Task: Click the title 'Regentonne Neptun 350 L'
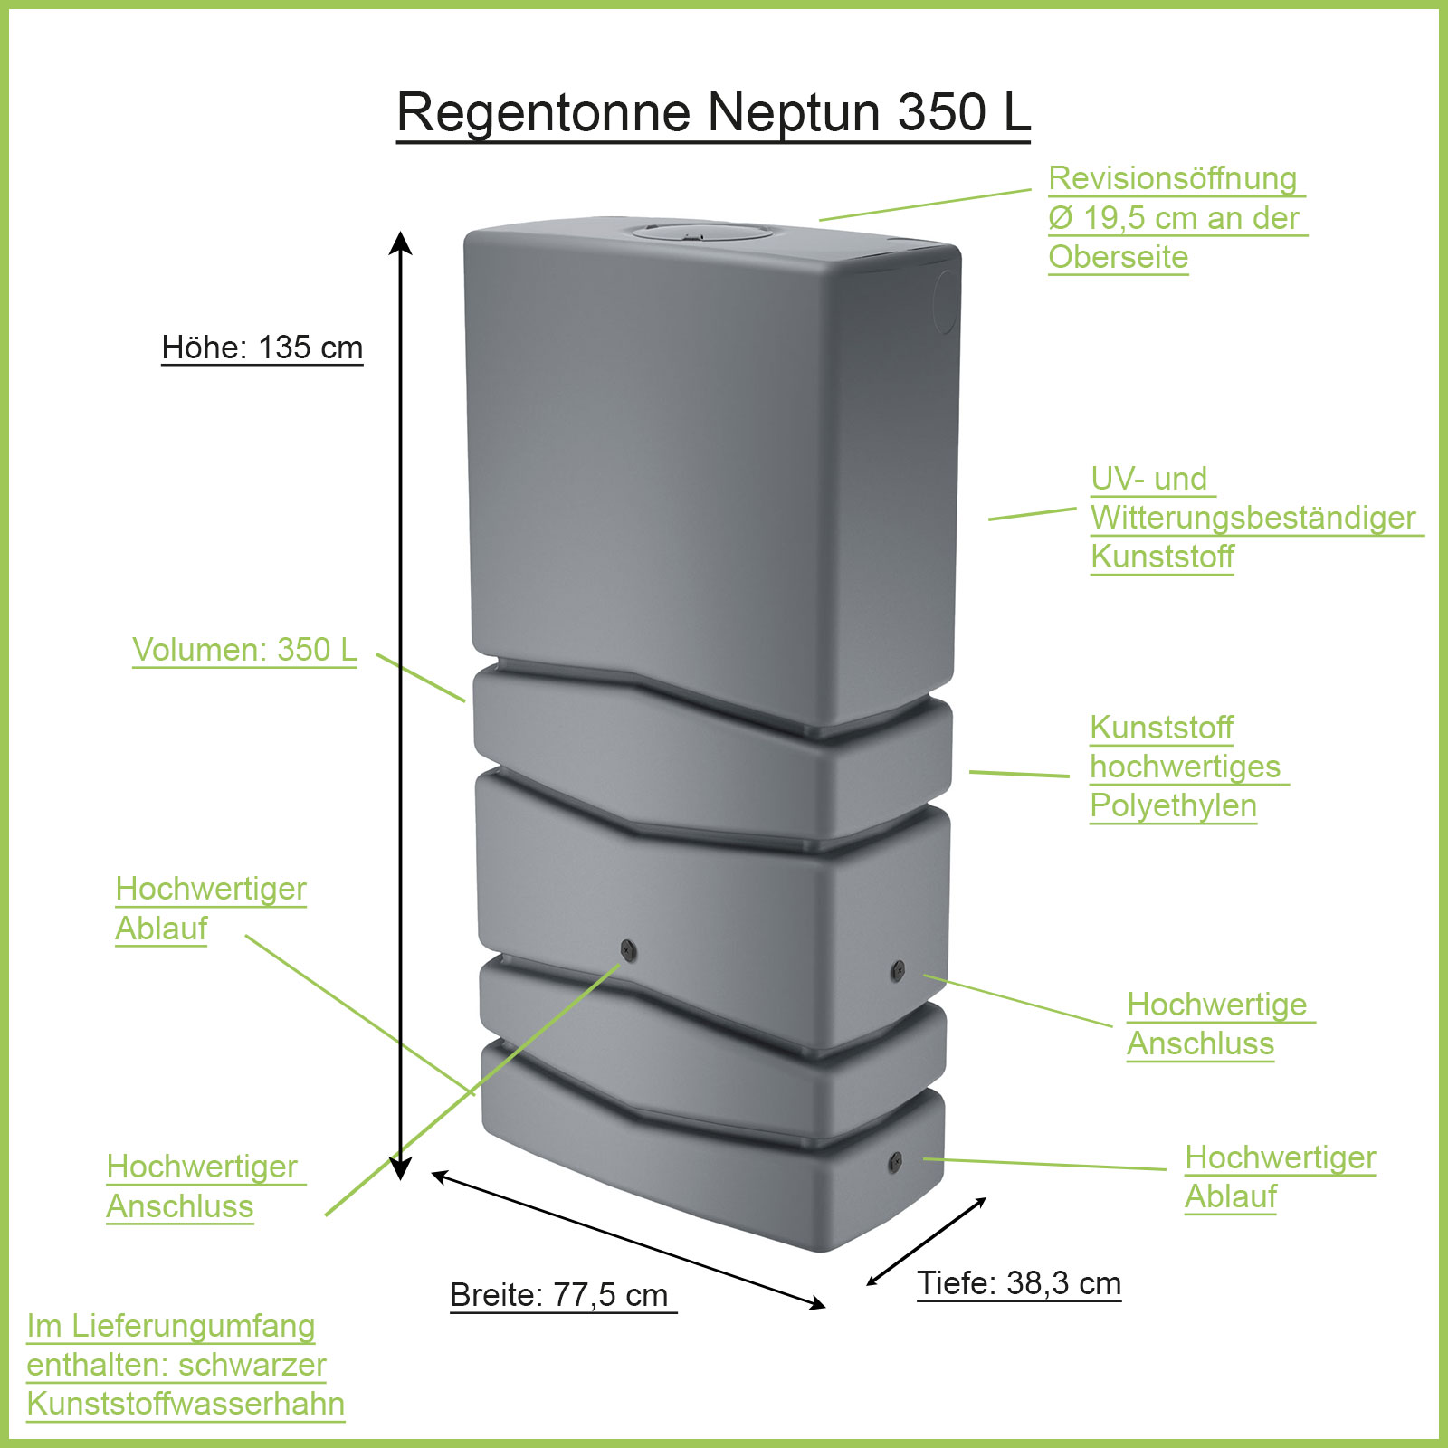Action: [713, 112]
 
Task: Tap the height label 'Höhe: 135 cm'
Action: [262, 348]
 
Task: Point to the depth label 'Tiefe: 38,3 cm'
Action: [1019, 1283]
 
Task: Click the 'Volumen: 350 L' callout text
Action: [244, 650]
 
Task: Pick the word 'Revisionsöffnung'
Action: [1173, 179]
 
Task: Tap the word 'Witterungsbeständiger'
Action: [1253, 518]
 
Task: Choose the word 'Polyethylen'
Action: [1173, 805]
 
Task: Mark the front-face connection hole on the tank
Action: [629, 950]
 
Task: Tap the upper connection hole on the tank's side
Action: [898, 970]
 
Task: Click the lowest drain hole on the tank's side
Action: [895, 1161]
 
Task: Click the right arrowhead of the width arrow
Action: [818, 1304]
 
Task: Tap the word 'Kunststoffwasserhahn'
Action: [186, 1404]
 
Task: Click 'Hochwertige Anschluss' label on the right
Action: [1218, 1024]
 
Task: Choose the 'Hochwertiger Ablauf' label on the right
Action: [1280, 1176]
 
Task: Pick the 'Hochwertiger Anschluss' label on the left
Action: [202, 1186]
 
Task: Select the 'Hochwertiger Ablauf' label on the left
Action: [211, 909]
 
